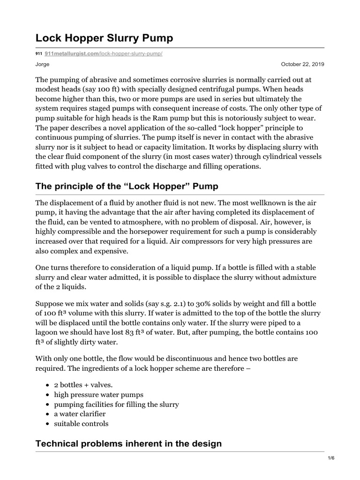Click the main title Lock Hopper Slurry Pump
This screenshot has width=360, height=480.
[x=105, y=38]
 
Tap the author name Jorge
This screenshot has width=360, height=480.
[x=43, y=64]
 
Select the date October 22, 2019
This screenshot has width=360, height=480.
[x=302, y=64]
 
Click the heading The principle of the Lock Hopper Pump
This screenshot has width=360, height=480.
[x=127, y=187]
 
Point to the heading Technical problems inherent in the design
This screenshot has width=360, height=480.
[x=128, y=443]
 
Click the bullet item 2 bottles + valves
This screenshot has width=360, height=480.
[x=83, y=384]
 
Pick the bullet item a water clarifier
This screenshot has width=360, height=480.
[x=80, y=414]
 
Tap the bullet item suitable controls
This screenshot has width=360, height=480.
[x=81, y=424]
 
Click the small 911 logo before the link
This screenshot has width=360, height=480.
[x=39, y=54]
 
